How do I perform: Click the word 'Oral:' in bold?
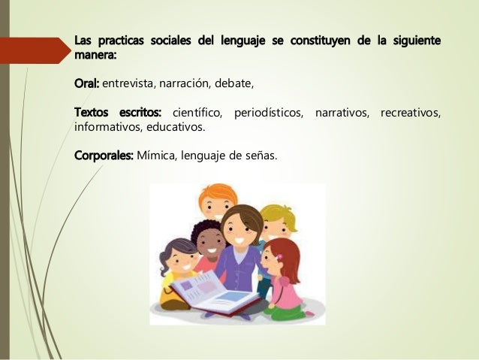click(x=87, y=82)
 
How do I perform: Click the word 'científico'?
click(x=197, y=112)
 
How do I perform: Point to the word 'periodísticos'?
click(x=270, y=112)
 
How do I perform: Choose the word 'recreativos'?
click(x=410, y=112)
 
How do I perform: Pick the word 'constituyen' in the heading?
click(x=315, y=38)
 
